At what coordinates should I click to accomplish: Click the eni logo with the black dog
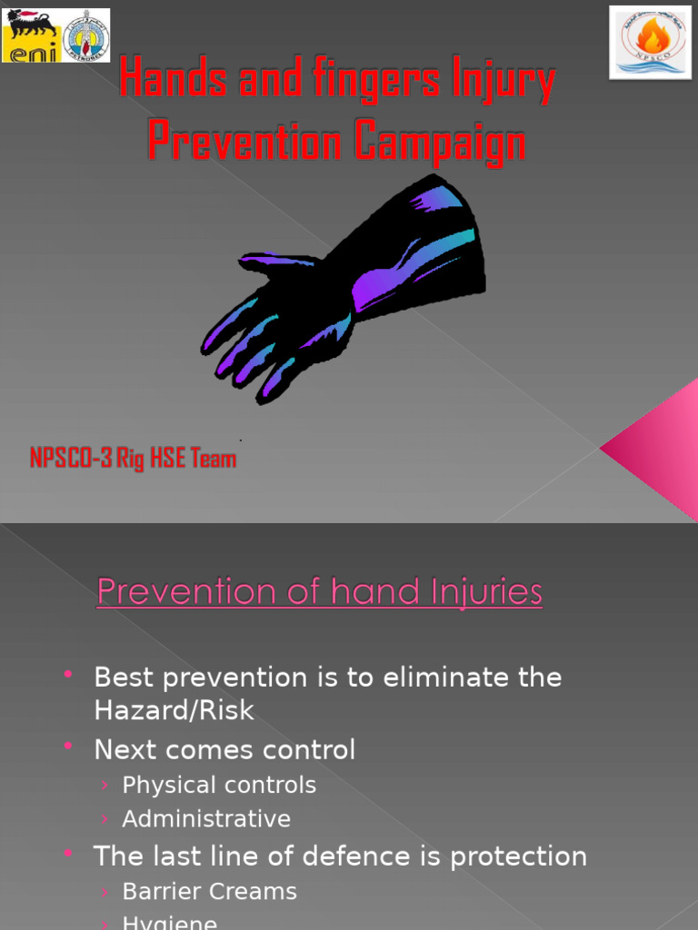[32, 35]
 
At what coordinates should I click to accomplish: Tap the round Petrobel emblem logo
[85, 36]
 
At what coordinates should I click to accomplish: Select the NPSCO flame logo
[650, 42]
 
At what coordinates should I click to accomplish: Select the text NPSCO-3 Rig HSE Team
[133, 459]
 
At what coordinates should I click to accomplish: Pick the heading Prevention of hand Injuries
[320, 592]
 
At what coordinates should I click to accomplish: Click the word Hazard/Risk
[174, 710]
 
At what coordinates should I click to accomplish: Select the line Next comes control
[224, 749]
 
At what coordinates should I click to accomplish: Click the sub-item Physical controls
[219, 785]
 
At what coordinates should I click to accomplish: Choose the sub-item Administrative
[206, 818]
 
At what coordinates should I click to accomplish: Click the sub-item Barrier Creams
[209, 891]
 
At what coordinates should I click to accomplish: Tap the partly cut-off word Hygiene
[170, 922]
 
